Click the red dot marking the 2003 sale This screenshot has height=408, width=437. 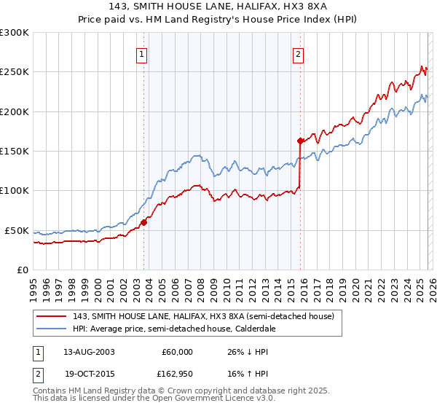pos(143,222)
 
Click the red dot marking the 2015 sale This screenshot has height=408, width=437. pos(300,141)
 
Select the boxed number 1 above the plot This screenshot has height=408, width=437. pos(141,53)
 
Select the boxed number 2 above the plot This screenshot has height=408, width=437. pos(299,53)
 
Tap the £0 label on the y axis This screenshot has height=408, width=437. pos(22,270)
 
